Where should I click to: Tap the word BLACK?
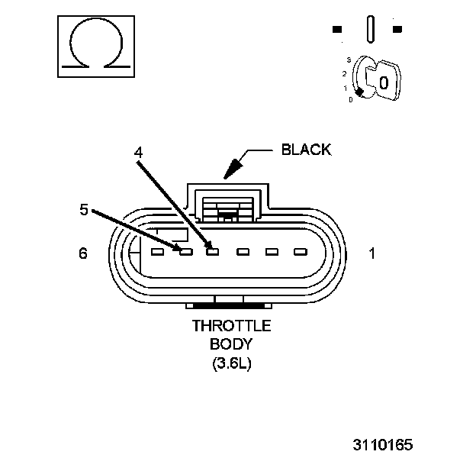pyautogui.click(x=306, y=150)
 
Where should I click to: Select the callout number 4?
pyautogui.click(x=138, y=152)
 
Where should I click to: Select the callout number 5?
pyautogui.click(x=84, y=208)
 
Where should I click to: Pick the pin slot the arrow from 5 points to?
pyautogui.click(x=185, y=251)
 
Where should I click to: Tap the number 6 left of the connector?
pyautogui.click(x=83, y=253)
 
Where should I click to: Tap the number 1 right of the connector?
pyautogui.click(x=372, y=253)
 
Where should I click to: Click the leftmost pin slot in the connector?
pyautogui.click(x=157, y=251)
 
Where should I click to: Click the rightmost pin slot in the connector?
pyautogui.click(x=298, y=251)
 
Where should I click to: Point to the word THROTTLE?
pyautogui.click(x=231, y=327)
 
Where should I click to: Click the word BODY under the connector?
pyautogui.click(x=231, y=345)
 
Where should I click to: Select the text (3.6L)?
pyautogui.click(x=231, y=363)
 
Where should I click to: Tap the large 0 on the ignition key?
pyautogui.click(x=384, y=82)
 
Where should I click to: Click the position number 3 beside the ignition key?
pyautogui.click(x=348, y=60)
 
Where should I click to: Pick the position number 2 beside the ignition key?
pyautogui.click(x=345, y=74)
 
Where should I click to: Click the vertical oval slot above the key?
pyautogui.click(x=371, y=30)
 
